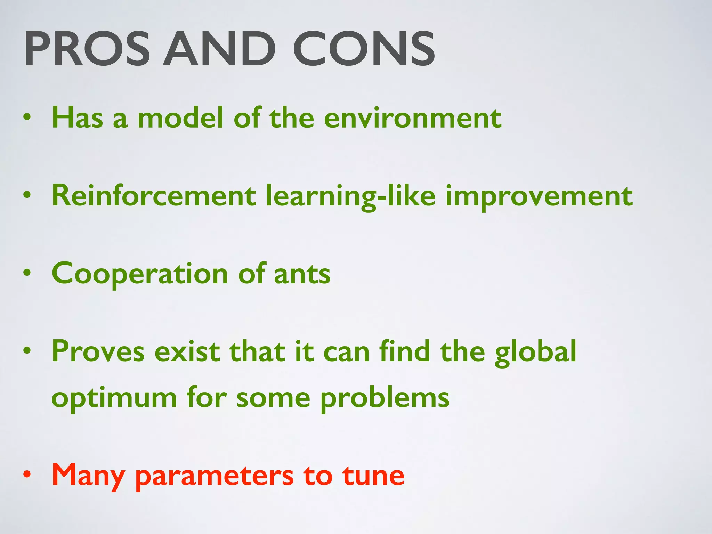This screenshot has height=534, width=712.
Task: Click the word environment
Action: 413,118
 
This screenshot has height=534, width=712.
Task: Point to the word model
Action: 180,118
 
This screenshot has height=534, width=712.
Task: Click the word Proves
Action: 98,351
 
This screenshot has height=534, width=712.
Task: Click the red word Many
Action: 88,476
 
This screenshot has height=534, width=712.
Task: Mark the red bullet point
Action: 27,474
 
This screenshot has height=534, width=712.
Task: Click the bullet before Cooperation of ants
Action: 27,273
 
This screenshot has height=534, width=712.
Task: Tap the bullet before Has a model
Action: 27,117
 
